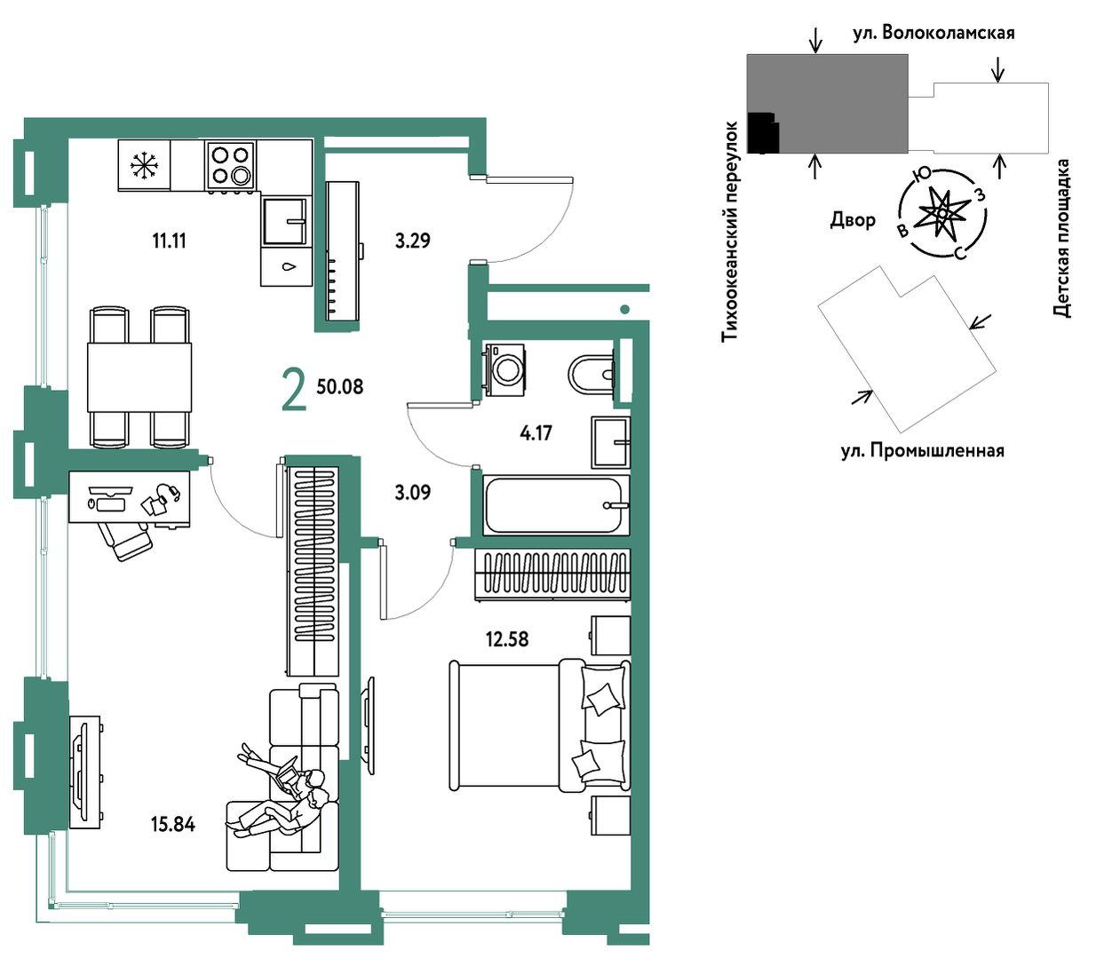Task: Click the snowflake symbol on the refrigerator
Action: click(143, 165)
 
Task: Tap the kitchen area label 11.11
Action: click(170, 241)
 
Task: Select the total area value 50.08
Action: click(339, 386)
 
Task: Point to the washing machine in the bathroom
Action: click(504, 370)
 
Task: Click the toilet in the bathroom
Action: click(591, 374)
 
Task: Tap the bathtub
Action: click(555, 505)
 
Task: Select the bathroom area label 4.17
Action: click(536, 432)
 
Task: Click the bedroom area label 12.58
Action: click(507, 639)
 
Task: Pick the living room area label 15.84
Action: click(173, 824)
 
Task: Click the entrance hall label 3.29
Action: click(412, 241)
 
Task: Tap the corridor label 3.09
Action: click(412, 492)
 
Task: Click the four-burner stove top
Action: click(230, 165)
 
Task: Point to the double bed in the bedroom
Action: click(540, 725)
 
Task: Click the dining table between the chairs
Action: click(139, 377)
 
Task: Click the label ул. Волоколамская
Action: click(933, 33)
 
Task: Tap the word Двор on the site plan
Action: click(853, 219)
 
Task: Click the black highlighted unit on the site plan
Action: click(763, 132)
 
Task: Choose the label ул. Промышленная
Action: click(923, 451)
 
